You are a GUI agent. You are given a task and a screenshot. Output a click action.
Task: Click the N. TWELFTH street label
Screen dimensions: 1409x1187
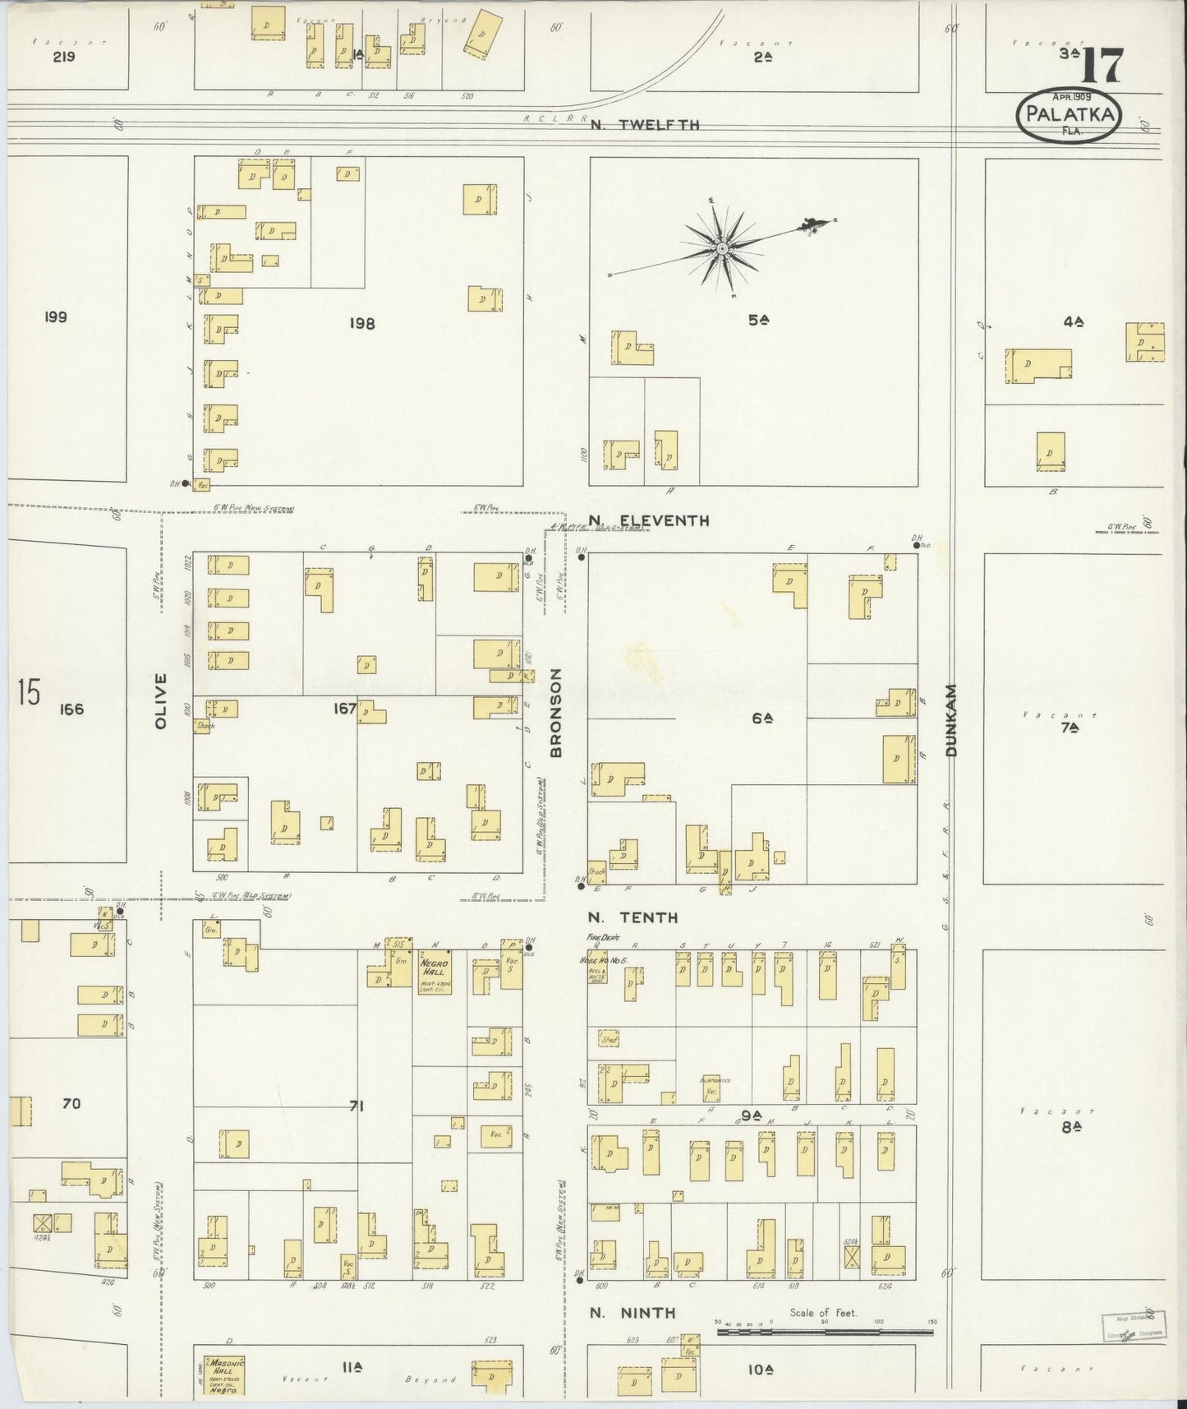tap(644, 125)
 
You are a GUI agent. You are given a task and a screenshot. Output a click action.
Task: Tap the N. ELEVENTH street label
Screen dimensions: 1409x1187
tap(649, 520)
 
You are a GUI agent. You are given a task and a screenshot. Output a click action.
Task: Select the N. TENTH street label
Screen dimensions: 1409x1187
tap(633, 917)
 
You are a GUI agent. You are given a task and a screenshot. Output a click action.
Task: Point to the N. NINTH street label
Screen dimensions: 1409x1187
tap(633, 1313)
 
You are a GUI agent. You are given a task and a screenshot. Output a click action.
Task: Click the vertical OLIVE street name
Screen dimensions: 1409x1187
tap(161, 701)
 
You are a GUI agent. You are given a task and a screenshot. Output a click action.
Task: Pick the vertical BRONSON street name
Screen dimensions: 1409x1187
tap(555, 713)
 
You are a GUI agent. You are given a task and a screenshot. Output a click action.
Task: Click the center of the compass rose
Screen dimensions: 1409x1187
tap(721, 247)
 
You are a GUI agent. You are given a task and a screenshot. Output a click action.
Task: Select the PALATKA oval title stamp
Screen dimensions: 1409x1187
tap(1069, 116)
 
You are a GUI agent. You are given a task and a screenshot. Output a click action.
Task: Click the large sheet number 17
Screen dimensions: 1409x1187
tap(1101, 67)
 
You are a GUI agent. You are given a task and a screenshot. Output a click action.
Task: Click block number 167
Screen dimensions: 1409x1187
tap(344, 708)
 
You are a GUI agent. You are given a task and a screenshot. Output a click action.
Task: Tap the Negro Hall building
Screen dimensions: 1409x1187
tap(433, 973)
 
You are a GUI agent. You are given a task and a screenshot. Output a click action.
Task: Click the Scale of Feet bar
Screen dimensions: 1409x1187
tap(826, 1328)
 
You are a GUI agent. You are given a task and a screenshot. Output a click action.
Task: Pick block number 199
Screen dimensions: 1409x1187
tap(56, 317)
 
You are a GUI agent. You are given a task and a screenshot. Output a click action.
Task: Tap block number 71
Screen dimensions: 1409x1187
tap(355, 1106)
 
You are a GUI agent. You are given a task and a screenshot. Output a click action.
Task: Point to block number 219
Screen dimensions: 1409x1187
tap(64, 57)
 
